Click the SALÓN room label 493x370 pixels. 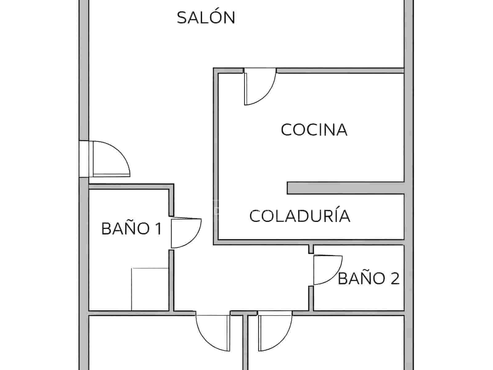tap(206, 18)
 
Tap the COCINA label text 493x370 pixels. tap(314, 130)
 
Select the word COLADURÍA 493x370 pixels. tap(299, 216)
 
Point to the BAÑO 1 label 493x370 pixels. tap(132, 229)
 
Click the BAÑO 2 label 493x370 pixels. tap(369, 278)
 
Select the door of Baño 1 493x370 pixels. tap(185, 233)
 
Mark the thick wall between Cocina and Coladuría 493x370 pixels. tap(345, 188)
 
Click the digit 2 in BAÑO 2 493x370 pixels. tap(395, 278)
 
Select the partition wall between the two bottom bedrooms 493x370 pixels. tap(245, 342)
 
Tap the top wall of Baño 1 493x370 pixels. tap(129, 187)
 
